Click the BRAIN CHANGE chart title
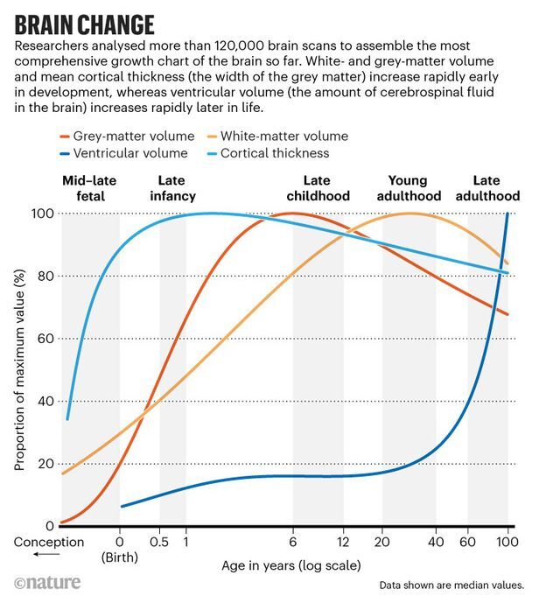(x=85, y=24)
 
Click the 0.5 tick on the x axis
(x=159, y=542)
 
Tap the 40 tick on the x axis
(x=437, y=542)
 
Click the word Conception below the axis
(x=49, y=542)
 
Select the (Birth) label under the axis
(x=120, y=557)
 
